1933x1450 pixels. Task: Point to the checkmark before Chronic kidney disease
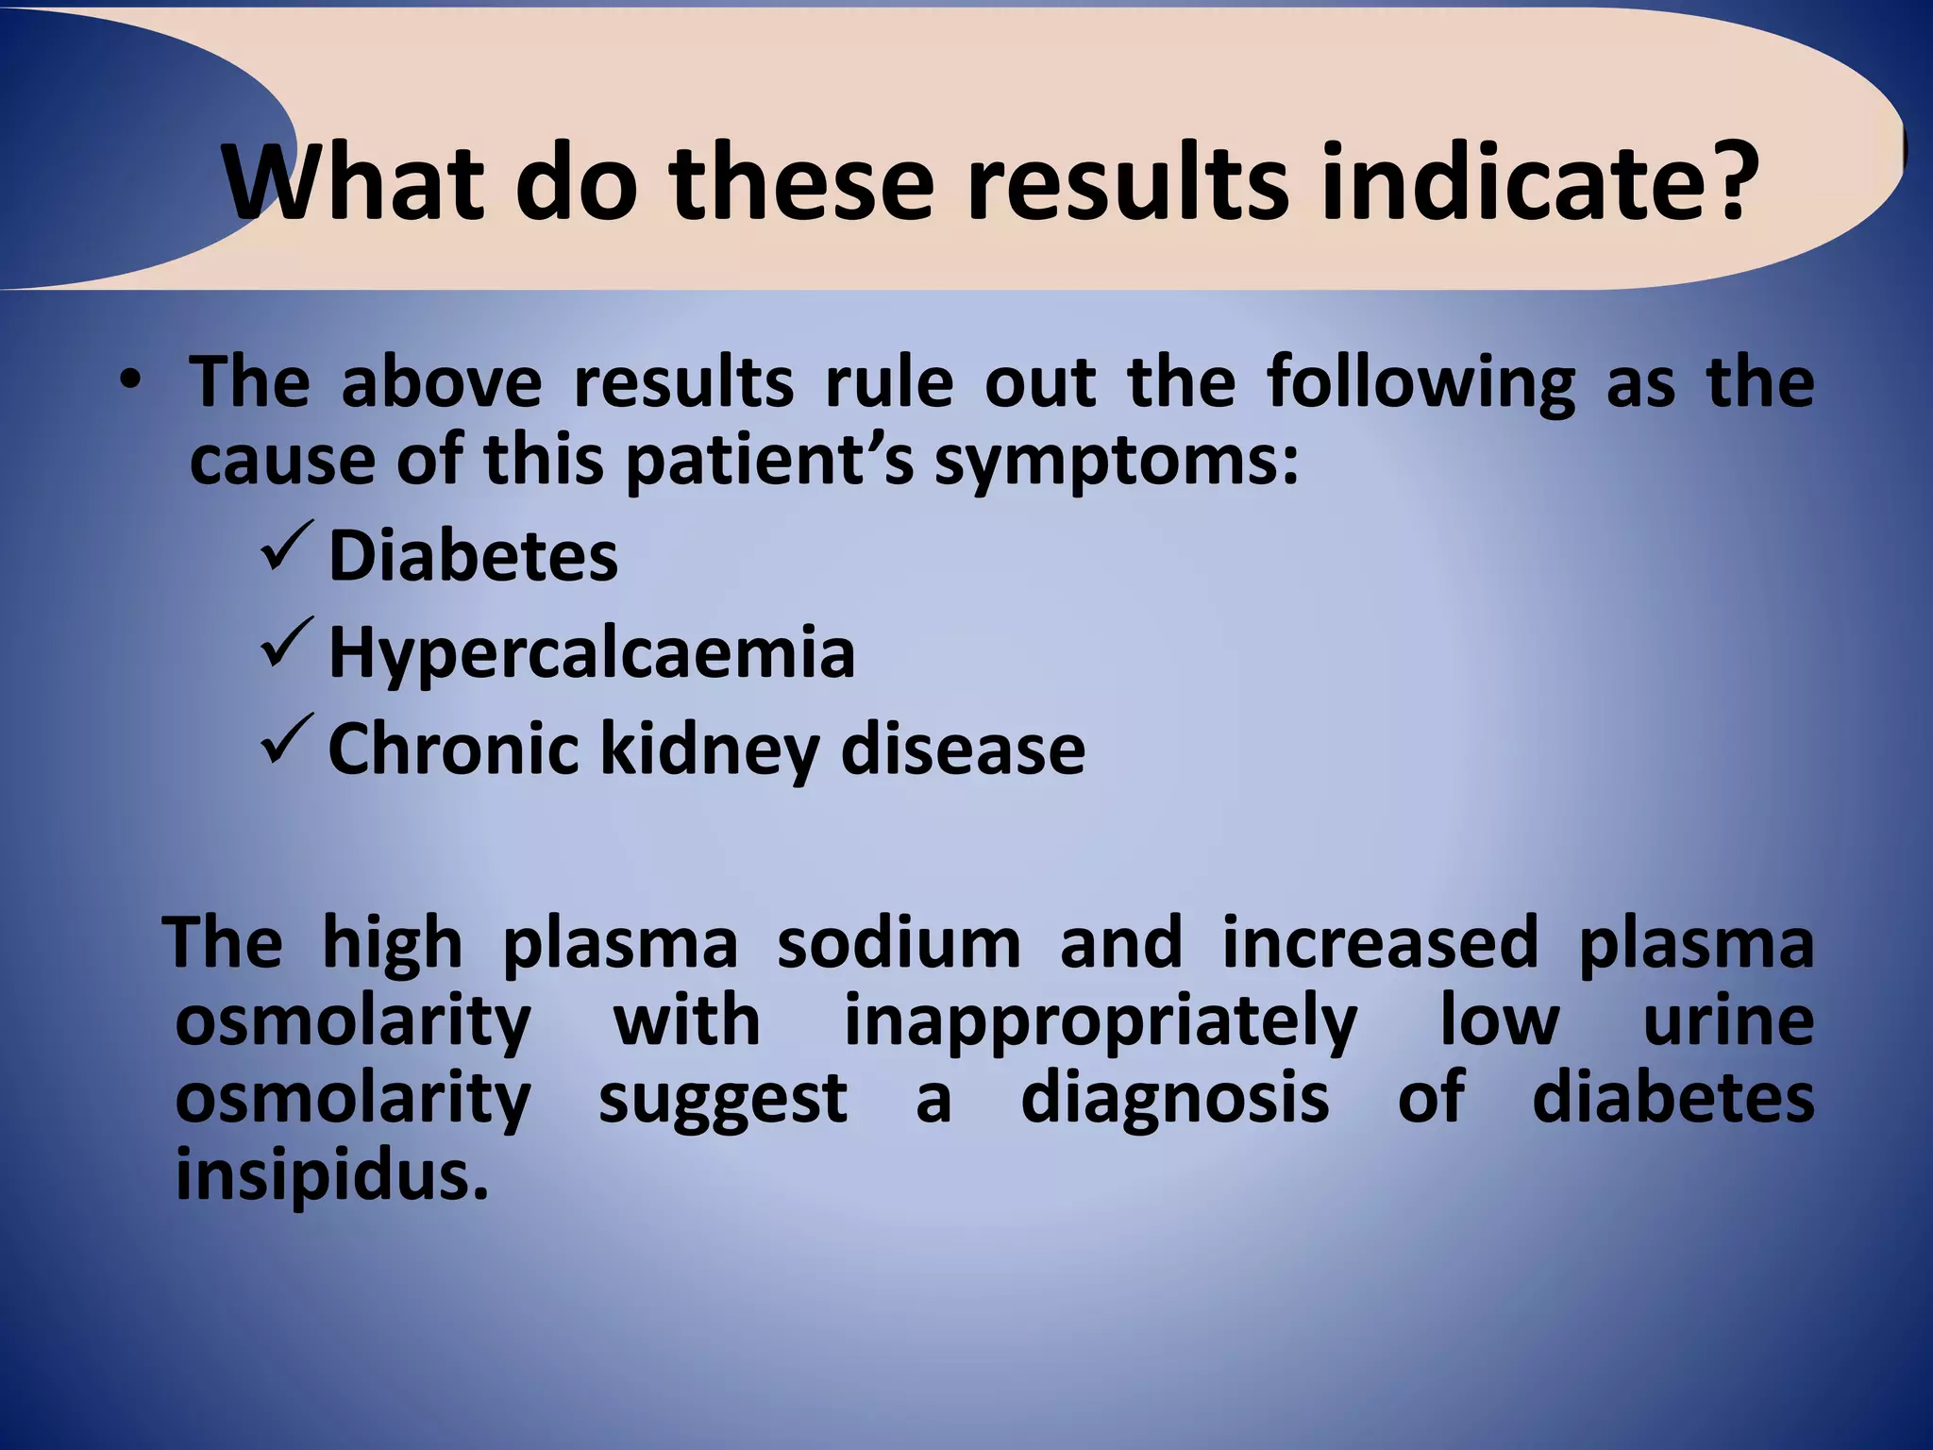(x=284, y=741)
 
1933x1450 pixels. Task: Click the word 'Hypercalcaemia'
(x=592, y=653)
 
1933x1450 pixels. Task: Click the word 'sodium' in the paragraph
(x=899, y=942)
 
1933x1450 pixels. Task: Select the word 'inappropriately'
(x=1100, y=1021)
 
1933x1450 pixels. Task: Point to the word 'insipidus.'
(x=332, y=1176)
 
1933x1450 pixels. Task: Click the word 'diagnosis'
(x=1175, y=1099)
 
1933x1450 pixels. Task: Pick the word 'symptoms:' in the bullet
(x=1117, y=461)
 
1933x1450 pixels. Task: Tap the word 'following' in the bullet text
(x=1420, y=383)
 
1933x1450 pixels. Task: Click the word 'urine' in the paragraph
(x=1727, y=1021)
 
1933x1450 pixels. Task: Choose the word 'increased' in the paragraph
(x=1380, y=942)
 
